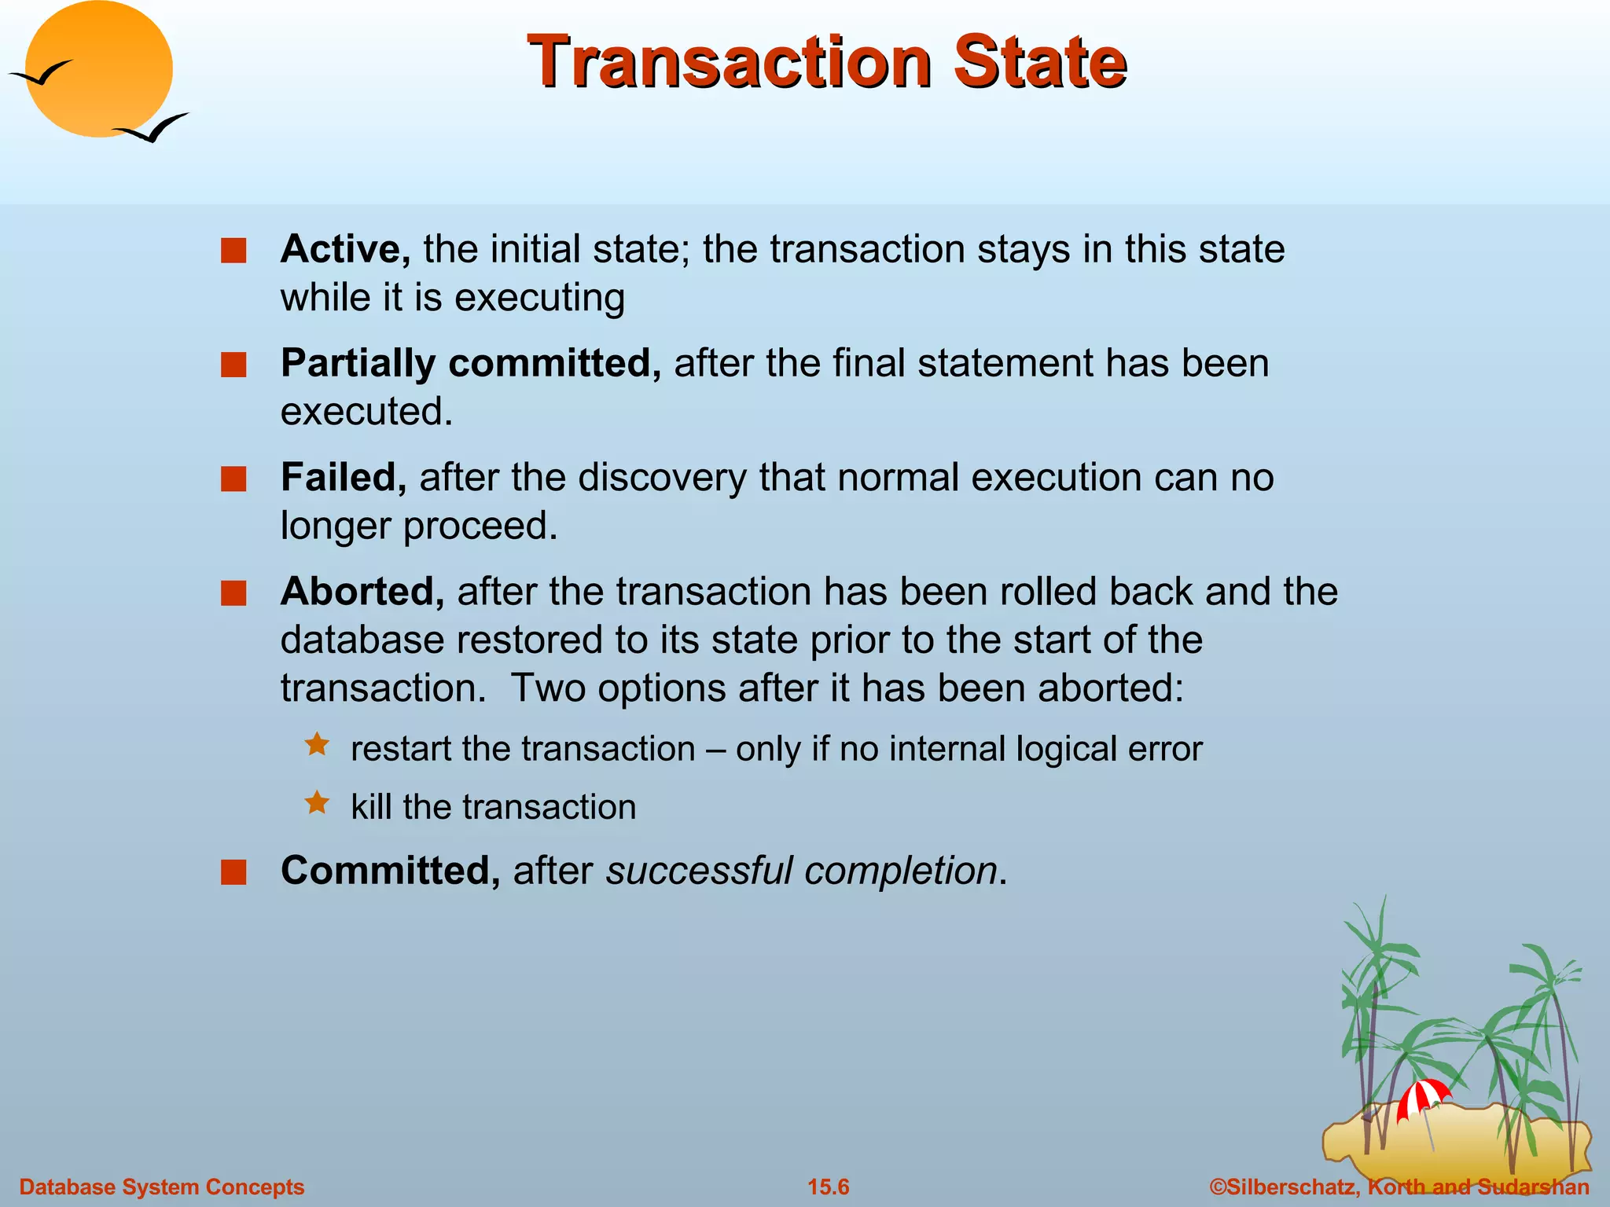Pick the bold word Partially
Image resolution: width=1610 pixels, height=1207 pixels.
click(358, 364)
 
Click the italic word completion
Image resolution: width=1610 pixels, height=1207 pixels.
click(901, 871)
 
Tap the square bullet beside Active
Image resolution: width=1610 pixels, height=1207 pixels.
click(233, 251)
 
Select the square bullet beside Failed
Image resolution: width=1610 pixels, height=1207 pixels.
click(233, 479)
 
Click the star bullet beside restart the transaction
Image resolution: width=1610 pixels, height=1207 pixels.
click(317, 744)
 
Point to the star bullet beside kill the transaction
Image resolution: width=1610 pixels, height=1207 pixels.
click(317, 802)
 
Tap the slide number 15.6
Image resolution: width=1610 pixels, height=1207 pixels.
click(829, 1187)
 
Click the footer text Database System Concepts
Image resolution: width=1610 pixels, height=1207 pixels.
click(162, 1187)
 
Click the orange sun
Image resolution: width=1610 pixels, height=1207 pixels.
click(99, 69)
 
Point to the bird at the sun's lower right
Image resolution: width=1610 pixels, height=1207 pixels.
click(153, 127)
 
